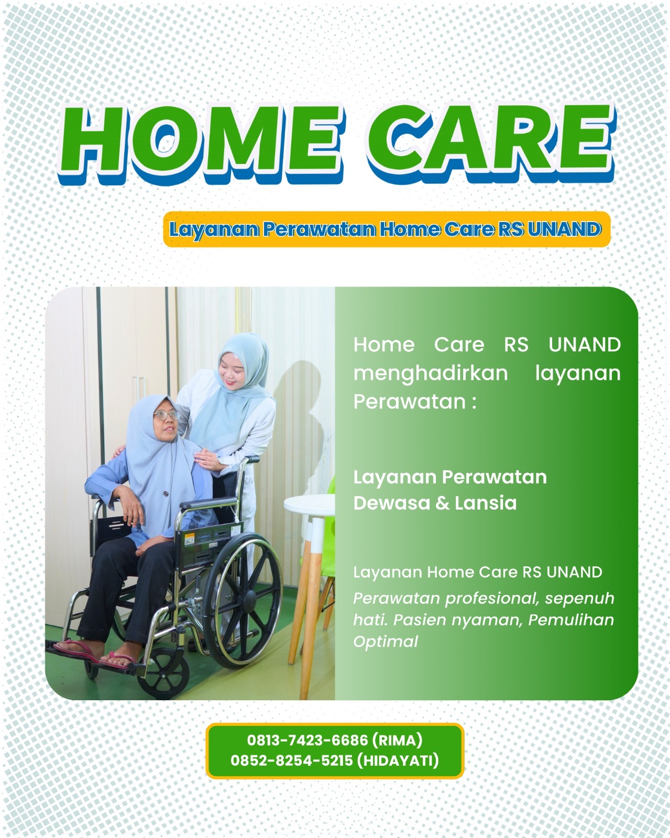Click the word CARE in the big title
(x=491, y=140)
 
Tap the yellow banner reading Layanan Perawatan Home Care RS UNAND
(x=387, y=229)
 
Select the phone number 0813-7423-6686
(x=307, y=740)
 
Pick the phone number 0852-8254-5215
(x=291, y=760)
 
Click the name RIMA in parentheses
(x=397, y=740)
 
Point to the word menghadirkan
(x=431, y=373)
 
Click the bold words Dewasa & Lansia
(x=435, y=503)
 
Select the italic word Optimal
(x=385, y=642)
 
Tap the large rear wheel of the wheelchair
(x=242, y=600)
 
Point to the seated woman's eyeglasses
(x=167, y=414)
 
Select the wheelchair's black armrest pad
(x=208, y=503)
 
